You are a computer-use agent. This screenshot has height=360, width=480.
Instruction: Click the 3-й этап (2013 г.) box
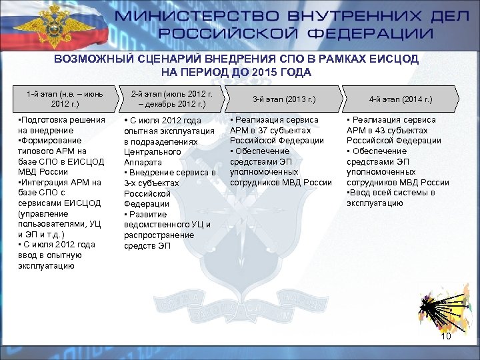pos(283,99)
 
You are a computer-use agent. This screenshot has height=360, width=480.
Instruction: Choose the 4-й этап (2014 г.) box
pos(400,99)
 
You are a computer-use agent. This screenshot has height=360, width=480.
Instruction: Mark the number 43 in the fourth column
pos(380,130)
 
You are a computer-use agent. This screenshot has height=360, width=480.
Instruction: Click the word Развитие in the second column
pos(148,214)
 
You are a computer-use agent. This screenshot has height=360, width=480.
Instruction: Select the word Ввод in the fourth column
pos(361,193)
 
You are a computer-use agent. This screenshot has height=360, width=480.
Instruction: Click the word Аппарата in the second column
pos(143,162)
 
